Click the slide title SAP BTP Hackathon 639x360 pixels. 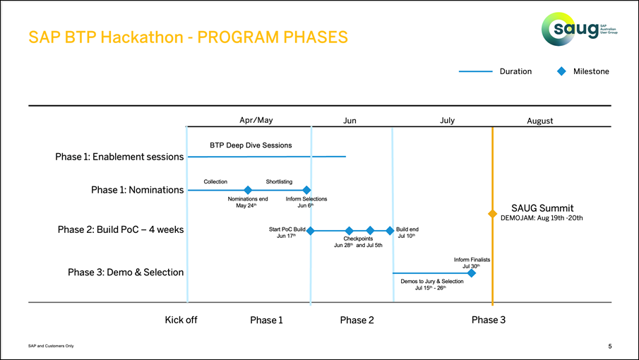tap(188, 37)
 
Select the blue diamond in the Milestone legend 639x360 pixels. tap(562, 71)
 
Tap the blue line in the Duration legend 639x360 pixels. tap(475, 71)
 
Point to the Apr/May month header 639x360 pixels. tap(256, 120)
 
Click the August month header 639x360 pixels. tap(539, 121)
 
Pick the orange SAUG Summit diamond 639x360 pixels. tap(492, 213)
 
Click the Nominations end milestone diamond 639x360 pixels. tap(248, 190)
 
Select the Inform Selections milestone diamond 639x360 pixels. tap(306, 190)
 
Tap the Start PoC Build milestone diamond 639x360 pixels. tap(310, 231)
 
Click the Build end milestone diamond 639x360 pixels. tap(390, 231)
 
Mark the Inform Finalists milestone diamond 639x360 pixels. tap(472, 273)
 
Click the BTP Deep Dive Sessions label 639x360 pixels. tap(251, 145)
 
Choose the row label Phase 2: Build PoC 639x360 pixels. tap(120, 230)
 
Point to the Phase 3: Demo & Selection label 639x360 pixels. tap(125, 272)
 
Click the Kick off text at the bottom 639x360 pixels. tap(181, 320)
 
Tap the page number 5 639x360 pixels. tap(609, 346)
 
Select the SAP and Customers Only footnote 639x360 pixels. tap(50, 346)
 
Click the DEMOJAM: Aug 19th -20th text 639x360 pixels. tap(541, 218)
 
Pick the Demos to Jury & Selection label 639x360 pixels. tap(431, 282)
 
